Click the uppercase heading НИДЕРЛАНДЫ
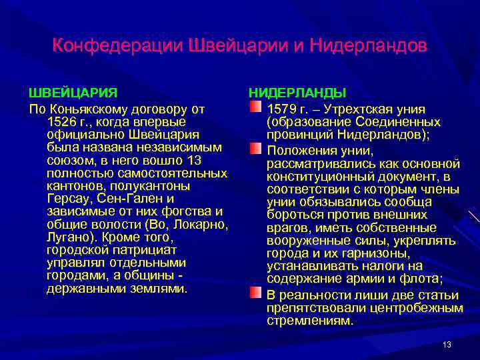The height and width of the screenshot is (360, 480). click(297, 92)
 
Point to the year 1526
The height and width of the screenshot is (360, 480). click(62, 122)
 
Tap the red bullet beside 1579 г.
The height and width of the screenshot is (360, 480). click(256, 107)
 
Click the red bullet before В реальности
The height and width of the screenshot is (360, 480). click(256, 293)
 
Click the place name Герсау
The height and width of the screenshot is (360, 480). click(67, 199)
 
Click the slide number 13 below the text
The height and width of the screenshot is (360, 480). click(447, 344)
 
